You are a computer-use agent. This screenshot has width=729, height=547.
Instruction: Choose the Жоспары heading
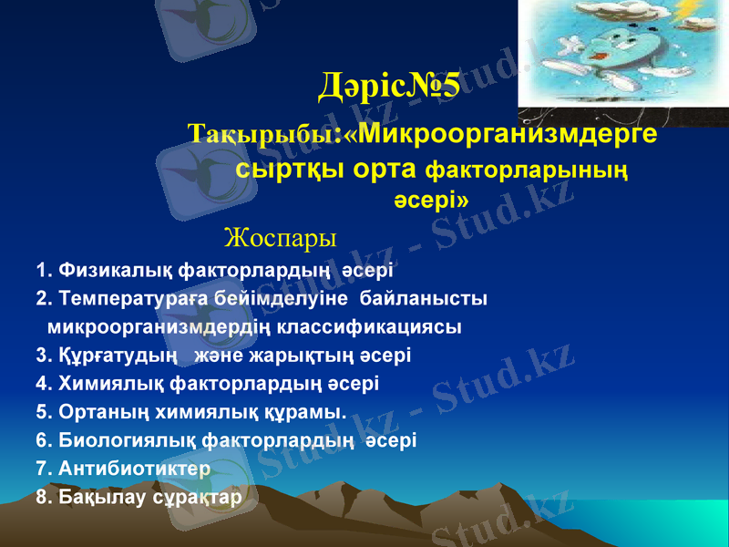[280, 239]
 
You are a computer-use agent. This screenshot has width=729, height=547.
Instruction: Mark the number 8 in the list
[42, 498]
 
